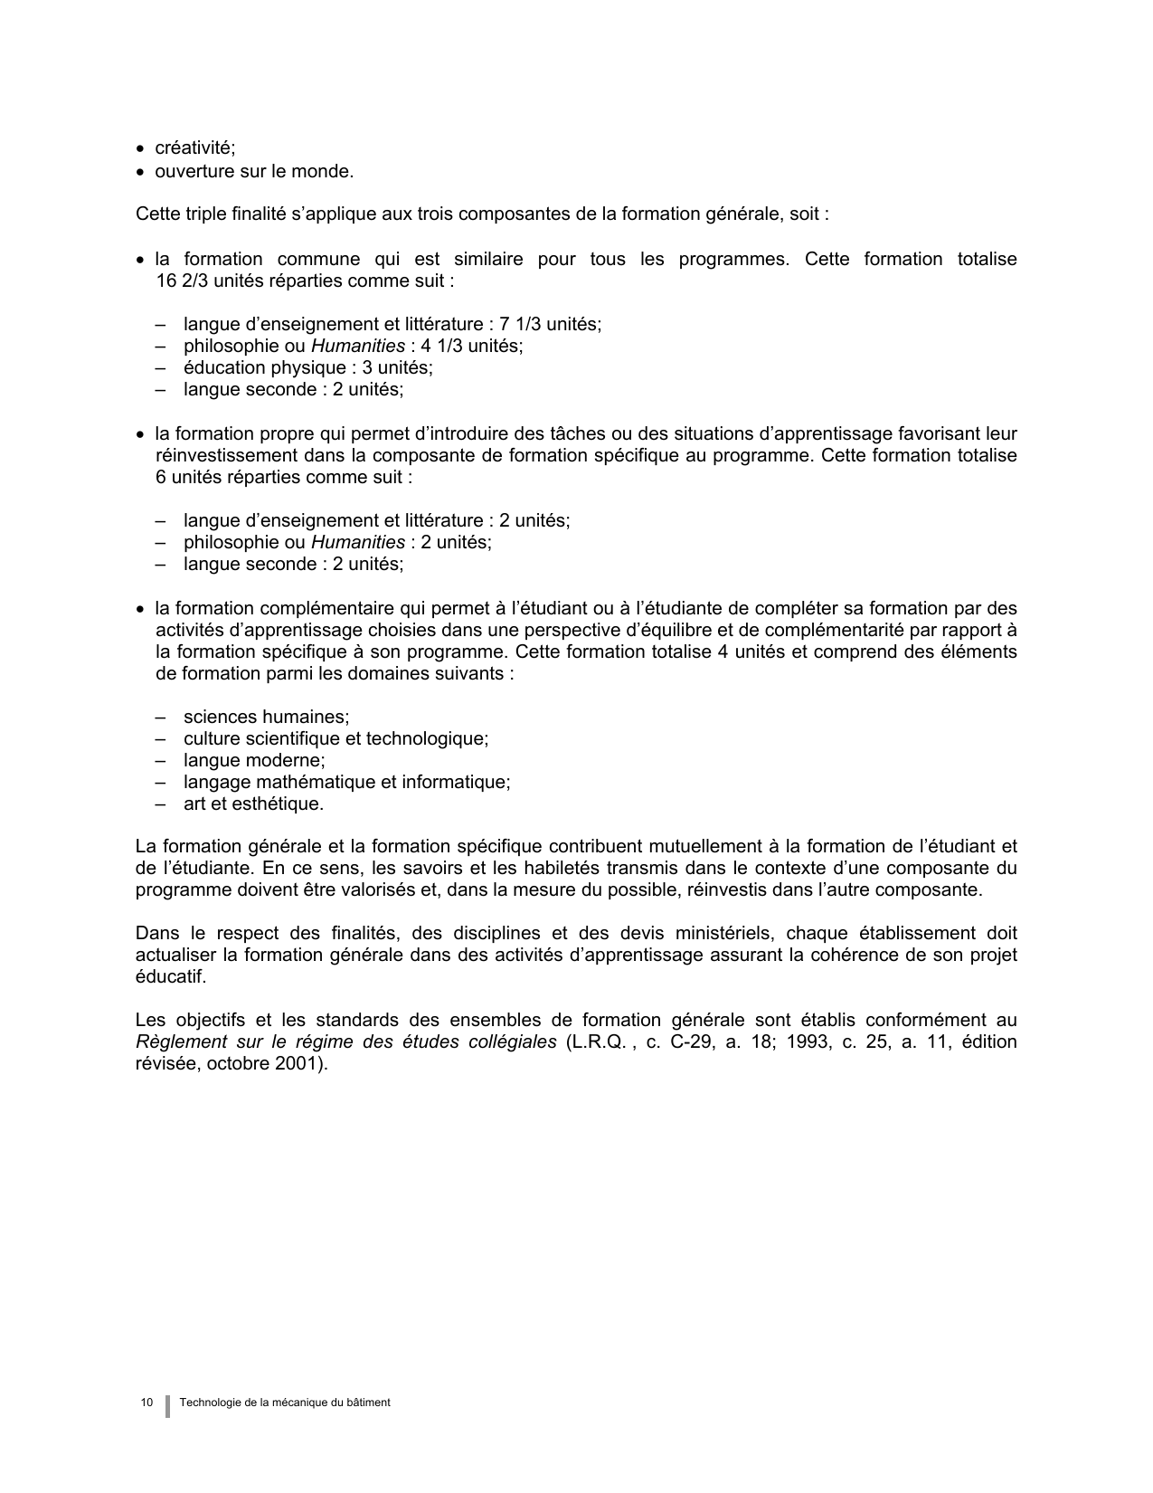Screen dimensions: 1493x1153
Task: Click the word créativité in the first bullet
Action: tap(194, 149)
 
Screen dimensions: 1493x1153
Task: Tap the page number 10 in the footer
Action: tap(146, 1403)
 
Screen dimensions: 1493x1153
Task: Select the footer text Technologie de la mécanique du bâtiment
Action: tap(285, 1403)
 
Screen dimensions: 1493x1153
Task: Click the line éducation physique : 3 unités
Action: tap(307, 368)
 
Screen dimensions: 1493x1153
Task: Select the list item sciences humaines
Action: tap(266, 718)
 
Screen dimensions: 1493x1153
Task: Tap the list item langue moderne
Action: tap(254, 761)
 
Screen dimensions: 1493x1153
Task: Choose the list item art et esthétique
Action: tap(253, 804)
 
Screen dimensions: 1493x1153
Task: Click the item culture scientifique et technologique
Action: tap(336, 739)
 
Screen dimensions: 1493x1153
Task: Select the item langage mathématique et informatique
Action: tap(346, 783)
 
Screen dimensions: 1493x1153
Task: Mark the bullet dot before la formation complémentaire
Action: tap(140, 610)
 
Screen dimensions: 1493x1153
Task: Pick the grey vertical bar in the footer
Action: tap(167, 1405)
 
